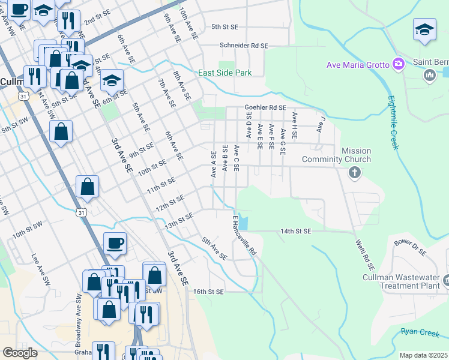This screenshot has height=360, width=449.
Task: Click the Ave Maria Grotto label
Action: click(358, 65)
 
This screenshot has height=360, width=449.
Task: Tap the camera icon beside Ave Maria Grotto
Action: click(398, 64)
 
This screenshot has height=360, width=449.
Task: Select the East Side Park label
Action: click(225, 73)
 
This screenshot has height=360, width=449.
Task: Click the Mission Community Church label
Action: click(336, 155)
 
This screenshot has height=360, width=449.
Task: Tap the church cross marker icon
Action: click(355, 173)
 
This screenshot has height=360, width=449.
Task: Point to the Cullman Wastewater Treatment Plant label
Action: click(402, 281)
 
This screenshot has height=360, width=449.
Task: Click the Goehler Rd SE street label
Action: click(265, 107)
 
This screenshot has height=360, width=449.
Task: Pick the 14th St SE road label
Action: click(296, 231)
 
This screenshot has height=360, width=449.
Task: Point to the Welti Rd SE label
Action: click(364, 254)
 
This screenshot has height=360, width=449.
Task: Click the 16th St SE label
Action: click(208, 292)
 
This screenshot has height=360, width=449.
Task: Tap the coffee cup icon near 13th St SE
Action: click(115, 243)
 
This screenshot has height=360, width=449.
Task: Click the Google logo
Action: click(20, 353)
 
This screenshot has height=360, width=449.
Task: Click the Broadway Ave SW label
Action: click(78, 321)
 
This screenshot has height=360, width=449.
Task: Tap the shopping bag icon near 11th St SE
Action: click(88, 187)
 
